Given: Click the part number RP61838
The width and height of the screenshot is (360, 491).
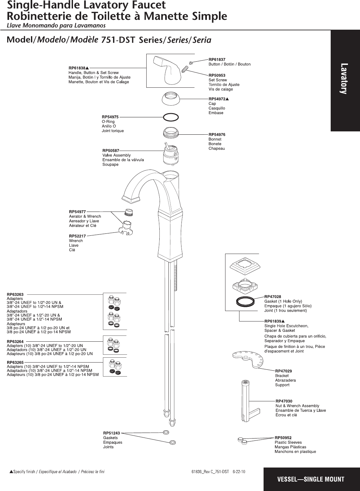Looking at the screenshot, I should point(77,68).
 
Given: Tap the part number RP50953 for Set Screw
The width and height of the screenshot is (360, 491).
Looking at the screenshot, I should point(217,75).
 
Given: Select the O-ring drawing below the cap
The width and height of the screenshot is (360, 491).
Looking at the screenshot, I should point(170,117).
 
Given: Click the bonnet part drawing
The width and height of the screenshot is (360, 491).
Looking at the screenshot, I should point(171,132).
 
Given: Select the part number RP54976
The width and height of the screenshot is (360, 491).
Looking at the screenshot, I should point(217,134).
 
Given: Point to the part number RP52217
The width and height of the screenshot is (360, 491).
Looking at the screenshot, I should point(78,236).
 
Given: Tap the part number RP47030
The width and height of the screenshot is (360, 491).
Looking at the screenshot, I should point(284,401).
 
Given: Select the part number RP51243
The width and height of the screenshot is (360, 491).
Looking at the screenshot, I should point(111,433).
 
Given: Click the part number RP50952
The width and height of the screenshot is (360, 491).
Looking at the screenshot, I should point(283,438).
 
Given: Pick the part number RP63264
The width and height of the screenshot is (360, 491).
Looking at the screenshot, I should point(15,341).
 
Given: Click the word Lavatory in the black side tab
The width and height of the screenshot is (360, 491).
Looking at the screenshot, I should point(344,79).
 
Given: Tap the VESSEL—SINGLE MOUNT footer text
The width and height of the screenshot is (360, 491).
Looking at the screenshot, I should point(310,479).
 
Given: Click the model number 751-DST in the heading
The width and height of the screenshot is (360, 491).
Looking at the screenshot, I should point(118,40).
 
